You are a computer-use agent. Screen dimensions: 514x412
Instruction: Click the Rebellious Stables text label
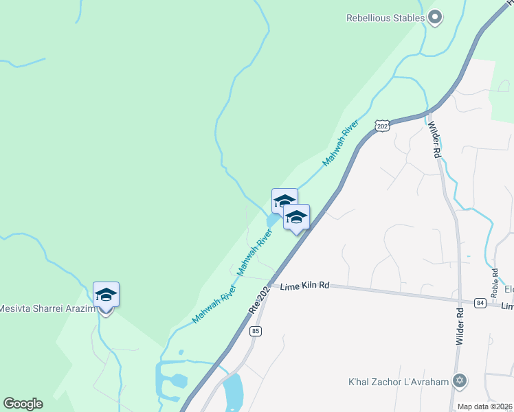(384, 18)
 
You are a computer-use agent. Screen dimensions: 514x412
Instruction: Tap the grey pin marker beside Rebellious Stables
(434, 17)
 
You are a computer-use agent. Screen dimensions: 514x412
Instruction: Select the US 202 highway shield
(383, 126)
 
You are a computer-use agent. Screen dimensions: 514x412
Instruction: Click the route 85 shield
(256, 332)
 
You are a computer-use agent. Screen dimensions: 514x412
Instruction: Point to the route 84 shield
(479, 302)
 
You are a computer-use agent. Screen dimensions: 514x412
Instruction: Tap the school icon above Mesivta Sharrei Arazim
(106, 295)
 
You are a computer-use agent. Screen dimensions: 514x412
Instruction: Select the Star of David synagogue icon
(460, 381)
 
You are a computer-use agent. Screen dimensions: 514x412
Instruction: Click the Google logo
(23, 404)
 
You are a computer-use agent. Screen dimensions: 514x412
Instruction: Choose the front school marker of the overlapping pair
(296, 217)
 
